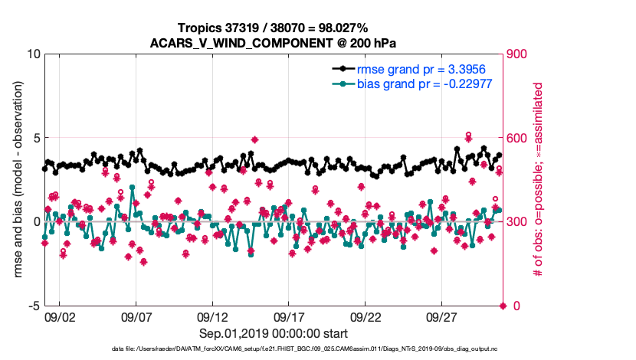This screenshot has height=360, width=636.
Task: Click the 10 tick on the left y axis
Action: (x=31, y=54)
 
